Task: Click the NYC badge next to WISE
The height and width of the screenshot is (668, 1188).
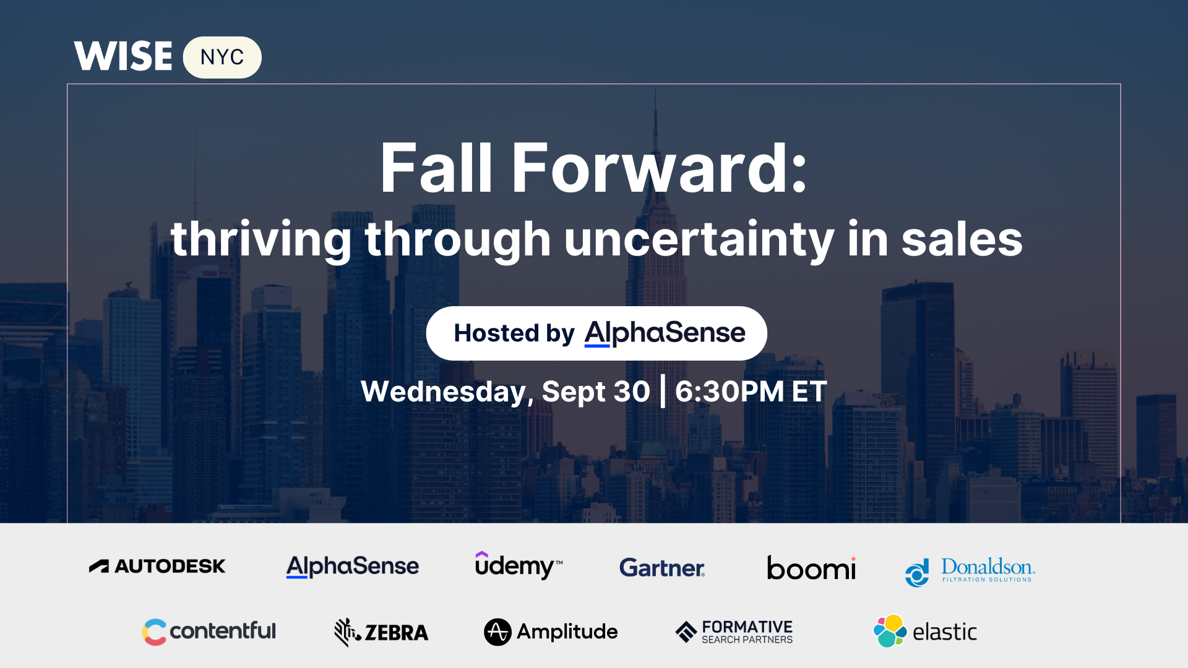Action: [222, 58]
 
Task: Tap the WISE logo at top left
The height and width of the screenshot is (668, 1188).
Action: [123, 56]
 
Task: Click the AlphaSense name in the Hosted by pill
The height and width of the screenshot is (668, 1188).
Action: [665, 333]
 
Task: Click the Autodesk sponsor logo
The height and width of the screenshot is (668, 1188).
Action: [157, 566]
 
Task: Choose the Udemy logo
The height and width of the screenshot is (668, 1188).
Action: [519, 565]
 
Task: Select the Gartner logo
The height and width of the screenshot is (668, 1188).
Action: [662, 568]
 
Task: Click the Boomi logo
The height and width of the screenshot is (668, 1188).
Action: [811, 568]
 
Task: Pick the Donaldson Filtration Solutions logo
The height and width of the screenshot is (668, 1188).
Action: [970, 572]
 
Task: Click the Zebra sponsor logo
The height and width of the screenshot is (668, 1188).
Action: [381, 632]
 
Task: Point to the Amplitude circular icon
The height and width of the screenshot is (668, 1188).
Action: [497, 632]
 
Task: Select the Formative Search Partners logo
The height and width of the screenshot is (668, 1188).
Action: [734, 632]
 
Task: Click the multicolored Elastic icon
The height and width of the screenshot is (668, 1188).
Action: [890, 631]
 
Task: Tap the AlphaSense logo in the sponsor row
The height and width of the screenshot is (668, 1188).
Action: [353, 567]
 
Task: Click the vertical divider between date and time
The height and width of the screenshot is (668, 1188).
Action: [663, 392]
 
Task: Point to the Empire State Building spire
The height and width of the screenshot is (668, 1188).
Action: [656, 118]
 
